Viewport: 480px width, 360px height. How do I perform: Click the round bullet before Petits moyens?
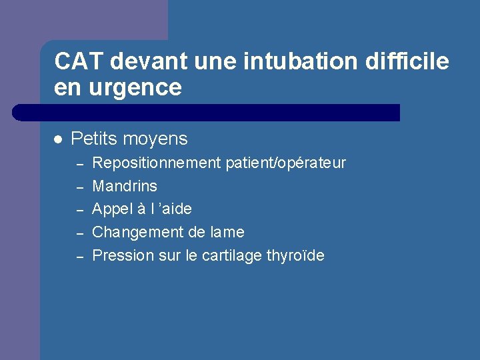(58, 139)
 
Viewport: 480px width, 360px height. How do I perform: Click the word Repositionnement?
(156, 163)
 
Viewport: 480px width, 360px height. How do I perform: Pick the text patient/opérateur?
(286, 163)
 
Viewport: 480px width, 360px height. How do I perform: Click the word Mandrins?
(125, 186)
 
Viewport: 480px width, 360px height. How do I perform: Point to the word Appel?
(112, 209)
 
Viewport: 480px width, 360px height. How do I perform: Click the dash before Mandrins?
(78, 187)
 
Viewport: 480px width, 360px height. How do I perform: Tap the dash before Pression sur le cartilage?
(78, 257)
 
